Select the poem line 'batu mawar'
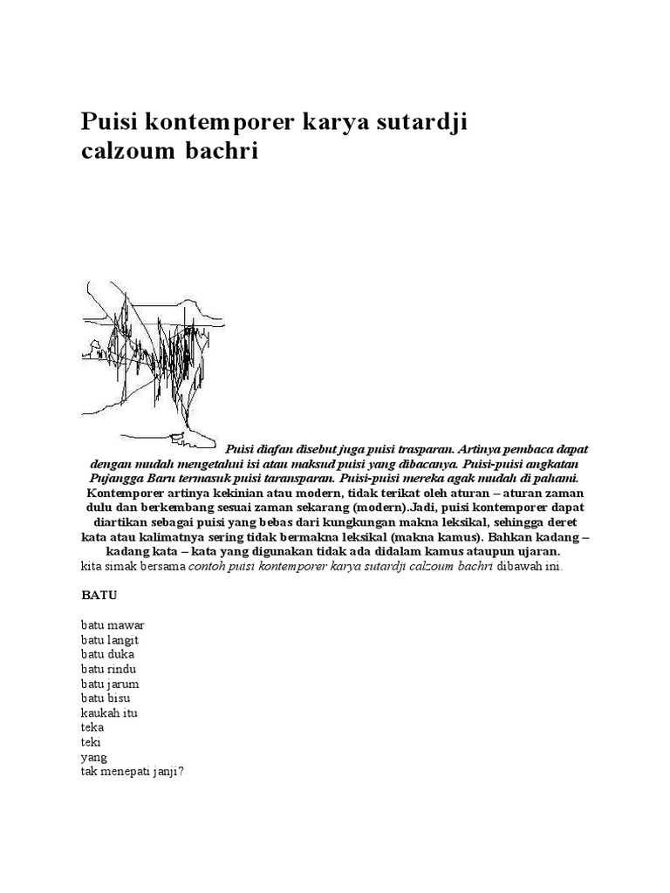click(113, 625)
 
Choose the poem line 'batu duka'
click(108, 654)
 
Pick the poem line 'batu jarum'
click(110, 684)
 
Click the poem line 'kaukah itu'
click(109, 712)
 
